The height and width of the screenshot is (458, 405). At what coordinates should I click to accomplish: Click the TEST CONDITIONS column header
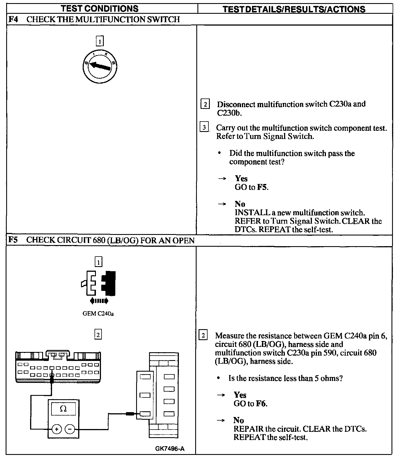(x=100, y=8)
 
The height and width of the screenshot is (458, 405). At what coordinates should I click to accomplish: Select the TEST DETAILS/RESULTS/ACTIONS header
(x=294, y=9)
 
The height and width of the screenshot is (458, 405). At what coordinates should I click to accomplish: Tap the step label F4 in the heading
(x=13, y=19)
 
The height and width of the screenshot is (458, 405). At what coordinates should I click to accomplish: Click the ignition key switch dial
(x=100, y=67)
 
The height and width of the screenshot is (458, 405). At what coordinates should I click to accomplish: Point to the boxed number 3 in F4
(x=204, y=127)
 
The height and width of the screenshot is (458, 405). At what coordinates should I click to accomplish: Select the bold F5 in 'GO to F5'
(x=262, y=187)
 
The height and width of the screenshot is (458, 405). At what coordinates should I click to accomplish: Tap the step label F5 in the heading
(x=13, y=240)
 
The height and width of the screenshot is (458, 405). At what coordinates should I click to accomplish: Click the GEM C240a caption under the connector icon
(x=98, y=313)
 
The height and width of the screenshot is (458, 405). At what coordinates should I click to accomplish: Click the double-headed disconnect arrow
(x=99, y=301)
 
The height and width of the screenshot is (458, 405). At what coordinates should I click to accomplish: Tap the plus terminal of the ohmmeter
(x=57, y=429)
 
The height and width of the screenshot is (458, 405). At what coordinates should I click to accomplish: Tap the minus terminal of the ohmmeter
(x=70, y=429)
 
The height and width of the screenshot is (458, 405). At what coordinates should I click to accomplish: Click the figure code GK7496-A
(x=170, y=448)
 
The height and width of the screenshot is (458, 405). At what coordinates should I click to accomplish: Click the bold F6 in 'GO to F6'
(x=261, y=404)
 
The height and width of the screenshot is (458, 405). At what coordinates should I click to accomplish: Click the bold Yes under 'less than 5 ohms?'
(x=240, y=395)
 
